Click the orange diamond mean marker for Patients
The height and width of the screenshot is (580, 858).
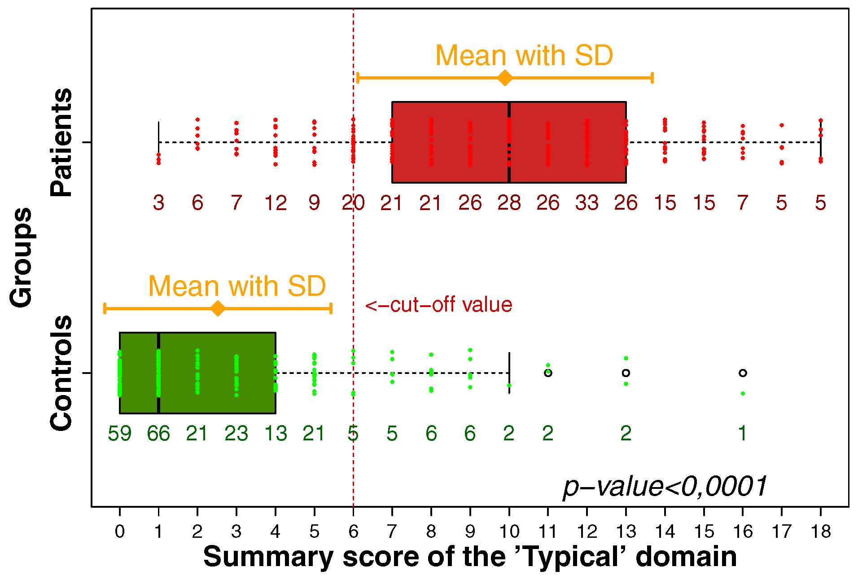click(505, 78)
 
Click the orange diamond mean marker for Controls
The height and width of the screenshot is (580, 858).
click(218, 309)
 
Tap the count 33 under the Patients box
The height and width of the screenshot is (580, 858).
click(587, 203)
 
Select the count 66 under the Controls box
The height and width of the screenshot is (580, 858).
click(158, 434)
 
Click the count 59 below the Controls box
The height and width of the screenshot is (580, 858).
click(119, 434)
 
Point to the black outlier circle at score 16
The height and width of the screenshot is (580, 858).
click(743, 373)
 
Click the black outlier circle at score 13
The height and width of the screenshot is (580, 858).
click(626, 373)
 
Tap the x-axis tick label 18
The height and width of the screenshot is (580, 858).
click(821, 532)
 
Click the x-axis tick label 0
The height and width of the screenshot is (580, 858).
click(119, 532)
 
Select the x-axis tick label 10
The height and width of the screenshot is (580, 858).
click(509, 532)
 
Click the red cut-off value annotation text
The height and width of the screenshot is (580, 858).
click(438, 305)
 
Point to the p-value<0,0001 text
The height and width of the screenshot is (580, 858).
click(665, 487)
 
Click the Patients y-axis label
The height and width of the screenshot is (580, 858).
click(61, 142)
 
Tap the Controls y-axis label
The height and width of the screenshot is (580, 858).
click(61, 373)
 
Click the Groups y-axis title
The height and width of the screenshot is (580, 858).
click(22, 258)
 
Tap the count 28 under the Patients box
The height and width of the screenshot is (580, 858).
click(509, 203)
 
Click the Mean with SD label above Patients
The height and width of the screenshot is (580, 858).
click(524, 56)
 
